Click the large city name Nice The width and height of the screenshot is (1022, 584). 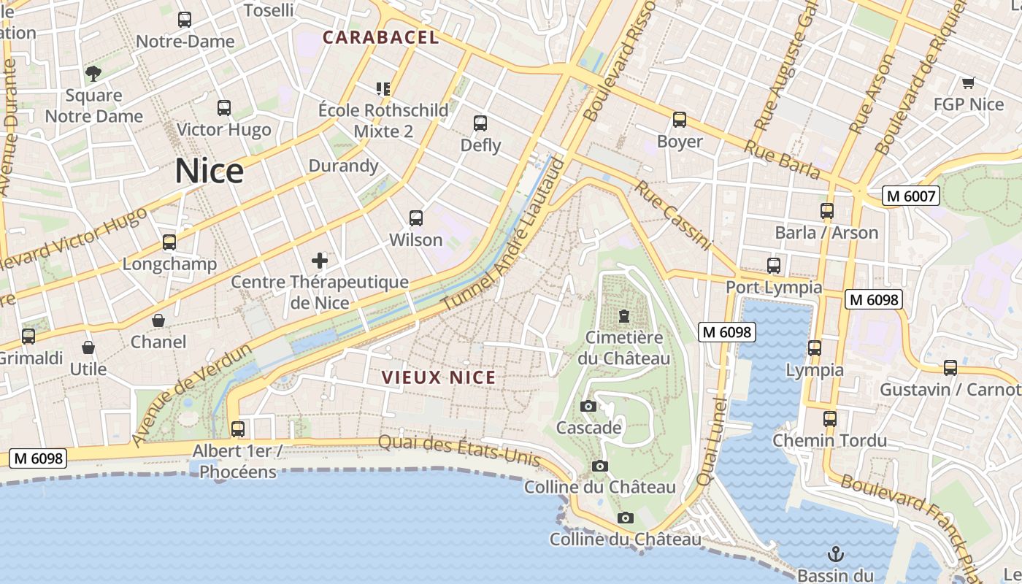point(209,171)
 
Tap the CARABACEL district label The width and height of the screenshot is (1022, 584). point(381,37)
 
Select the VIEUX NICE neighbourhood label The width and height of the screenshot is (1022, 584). point(439,377)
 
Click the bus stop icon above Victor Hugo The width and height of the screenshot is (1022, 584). point(224,108)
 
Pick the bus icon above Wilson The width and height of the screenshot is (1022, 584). point(416,218)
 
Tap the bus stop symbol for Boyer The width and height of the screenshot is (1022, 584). point(680,120)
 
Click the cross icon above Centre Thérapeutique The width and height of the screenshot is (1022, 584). point(320,261)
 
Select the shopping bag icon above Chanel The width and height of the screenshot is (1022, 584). point(158,320)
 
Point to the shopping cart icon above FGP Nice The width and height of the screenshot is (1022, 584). point(969,83)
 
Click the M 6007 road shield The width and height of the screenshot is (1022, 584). point(910,196)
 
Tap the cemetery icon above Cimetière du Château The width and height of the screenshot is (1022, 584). point(624,317)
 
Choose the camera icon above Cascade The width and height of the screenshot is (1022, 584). point(588,407)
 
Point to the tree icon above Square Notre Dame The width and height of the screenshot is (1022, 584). point(93,73)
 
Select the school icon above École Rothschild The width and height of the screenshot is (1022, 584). point(383,89)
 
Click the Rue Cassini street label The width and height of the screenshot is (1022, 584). point(672,215)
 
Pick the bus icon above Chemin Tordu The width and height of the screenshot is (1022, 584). point(830,419)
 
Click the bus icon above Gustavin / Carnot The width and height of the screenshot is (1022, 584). point(950,368)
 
